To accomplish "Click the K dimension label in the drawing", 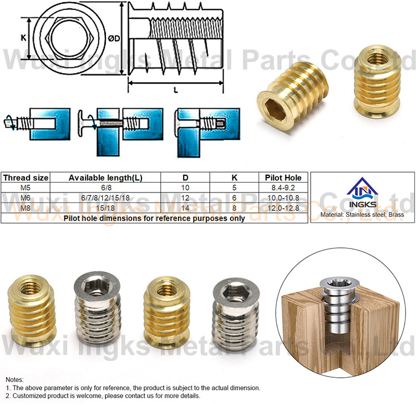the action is [24, 38].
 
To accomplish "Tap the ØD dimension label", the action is [114, 38].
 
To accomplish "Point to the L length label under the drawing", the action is [176, 90].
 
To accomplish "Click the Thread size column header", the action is [26, 177].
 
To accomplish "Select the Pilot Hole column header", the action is [283, 177].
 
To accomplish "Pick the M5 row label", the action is [26, 188].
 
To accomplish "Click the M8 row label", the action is [26, 208].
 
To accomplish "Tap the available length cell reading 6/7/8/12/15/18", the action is [105, 198].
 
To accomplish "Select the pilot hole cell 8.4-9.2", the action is [283, 188].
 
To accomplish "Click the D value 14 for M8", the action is [185, 208].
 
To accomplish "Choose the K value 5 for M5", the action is [234, 188].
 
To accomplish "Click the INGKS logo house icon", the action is [362, 190].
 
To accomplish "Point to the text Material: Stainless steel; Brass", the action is [362, 215].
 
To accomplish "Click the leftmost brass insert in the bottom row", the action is [31, 311].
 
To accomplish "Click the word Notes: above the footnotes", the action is [14, 379].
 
